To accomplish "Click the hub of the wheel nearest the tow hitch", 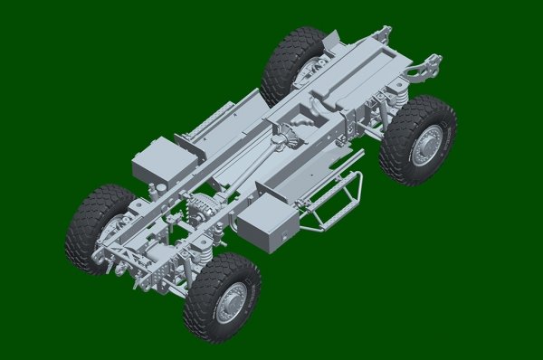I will (x=426, y=146).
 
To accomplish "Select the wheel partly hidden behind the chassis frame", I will (x=291, y=63).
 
